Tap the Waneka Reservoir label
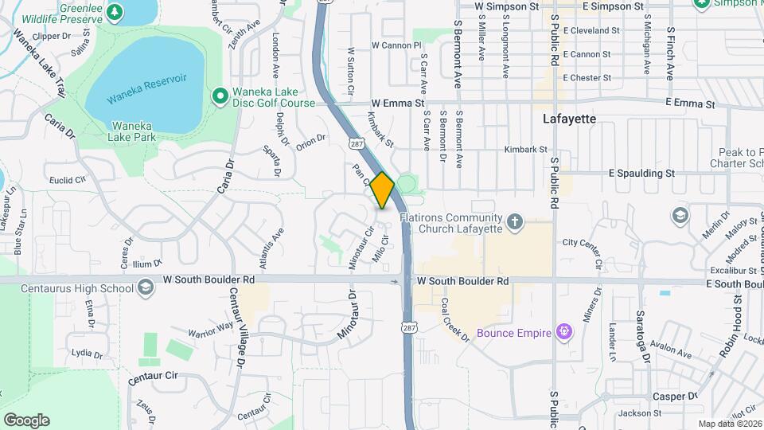coord(147,79)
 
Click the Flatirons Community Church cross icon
coord(515,220)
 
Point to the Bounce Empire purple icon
coord(564,330)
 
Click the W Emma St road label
coord(399,104)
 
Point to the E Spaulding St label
coord(641,172)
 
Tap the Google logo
coord(26,420)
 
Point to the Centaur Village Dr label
coord(236,327)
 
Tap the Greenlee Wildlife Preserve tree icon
coord(115,11)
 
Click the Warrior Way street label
coord(209,329)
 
